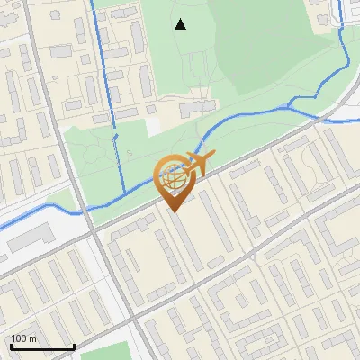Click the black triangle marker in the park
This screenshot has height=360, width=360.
tap(180, 24)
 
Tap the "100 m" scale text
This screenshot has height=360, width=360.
tap(24, 338)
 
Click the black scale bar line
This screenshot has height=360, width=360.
tap(42, 346)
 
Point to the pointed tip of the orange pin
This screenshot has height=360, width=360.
tap(174, 211)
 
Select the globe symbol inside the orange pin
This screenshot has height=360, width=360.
tap(173, 180)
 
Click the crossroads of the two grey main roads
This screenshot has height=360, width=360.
tap(94, 233)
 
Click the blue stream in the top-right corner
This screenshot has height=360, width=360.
tap(342, 36)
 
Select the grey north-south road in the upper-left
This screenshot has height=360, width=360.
tap(36, 72)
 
